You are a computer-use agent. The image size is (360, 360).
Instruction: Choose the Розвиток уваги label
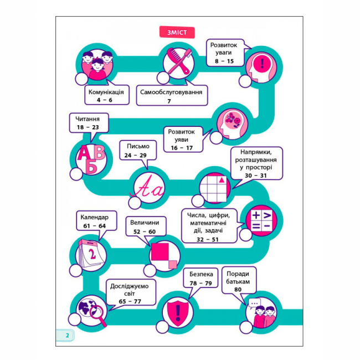pyautogui.click(x=225, y=52)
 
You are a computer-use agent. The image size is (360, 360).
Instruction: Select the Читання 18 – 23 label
pyautogui.click(x=88, y=122)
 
